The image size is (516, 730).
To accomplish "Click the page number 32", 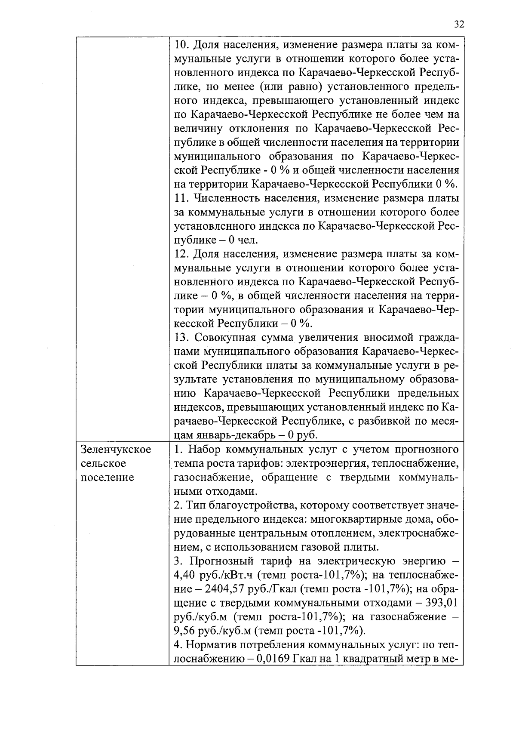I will pos(459,24).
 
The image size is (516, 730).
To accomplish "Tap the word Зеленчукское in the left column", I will pos(116,450).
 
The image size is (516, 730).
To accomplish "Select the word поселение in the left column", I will pos(107,477).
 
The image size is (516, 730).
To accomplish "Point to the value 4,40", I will pos(185,575).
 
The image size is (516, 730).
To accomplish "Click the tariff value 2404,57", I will pos(224,589).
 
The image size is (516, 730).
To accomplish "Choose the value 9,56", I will pos(185,631).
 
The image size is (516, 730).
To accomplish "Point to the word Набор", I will pos(203,450).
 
